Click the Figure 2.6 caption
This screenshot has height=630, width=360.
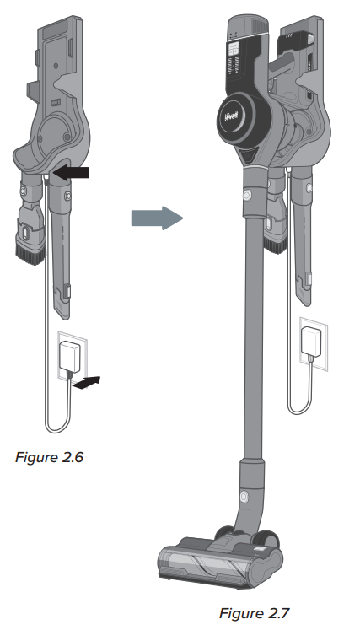(49, 457)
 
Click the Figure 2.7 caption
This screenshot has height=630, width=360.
(254, 613)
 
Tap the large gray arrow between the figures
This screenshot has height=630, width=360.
(157, 218)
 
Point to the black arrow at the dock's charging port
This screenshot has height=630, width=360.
(71, 173)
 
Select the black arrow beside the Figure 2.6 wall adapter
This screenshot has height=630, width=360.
(87, 383)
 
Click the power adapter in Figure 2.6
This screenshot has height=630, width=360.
(71, 356)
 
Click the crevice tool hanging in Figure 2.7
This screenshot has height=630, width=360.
(302, 237)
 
